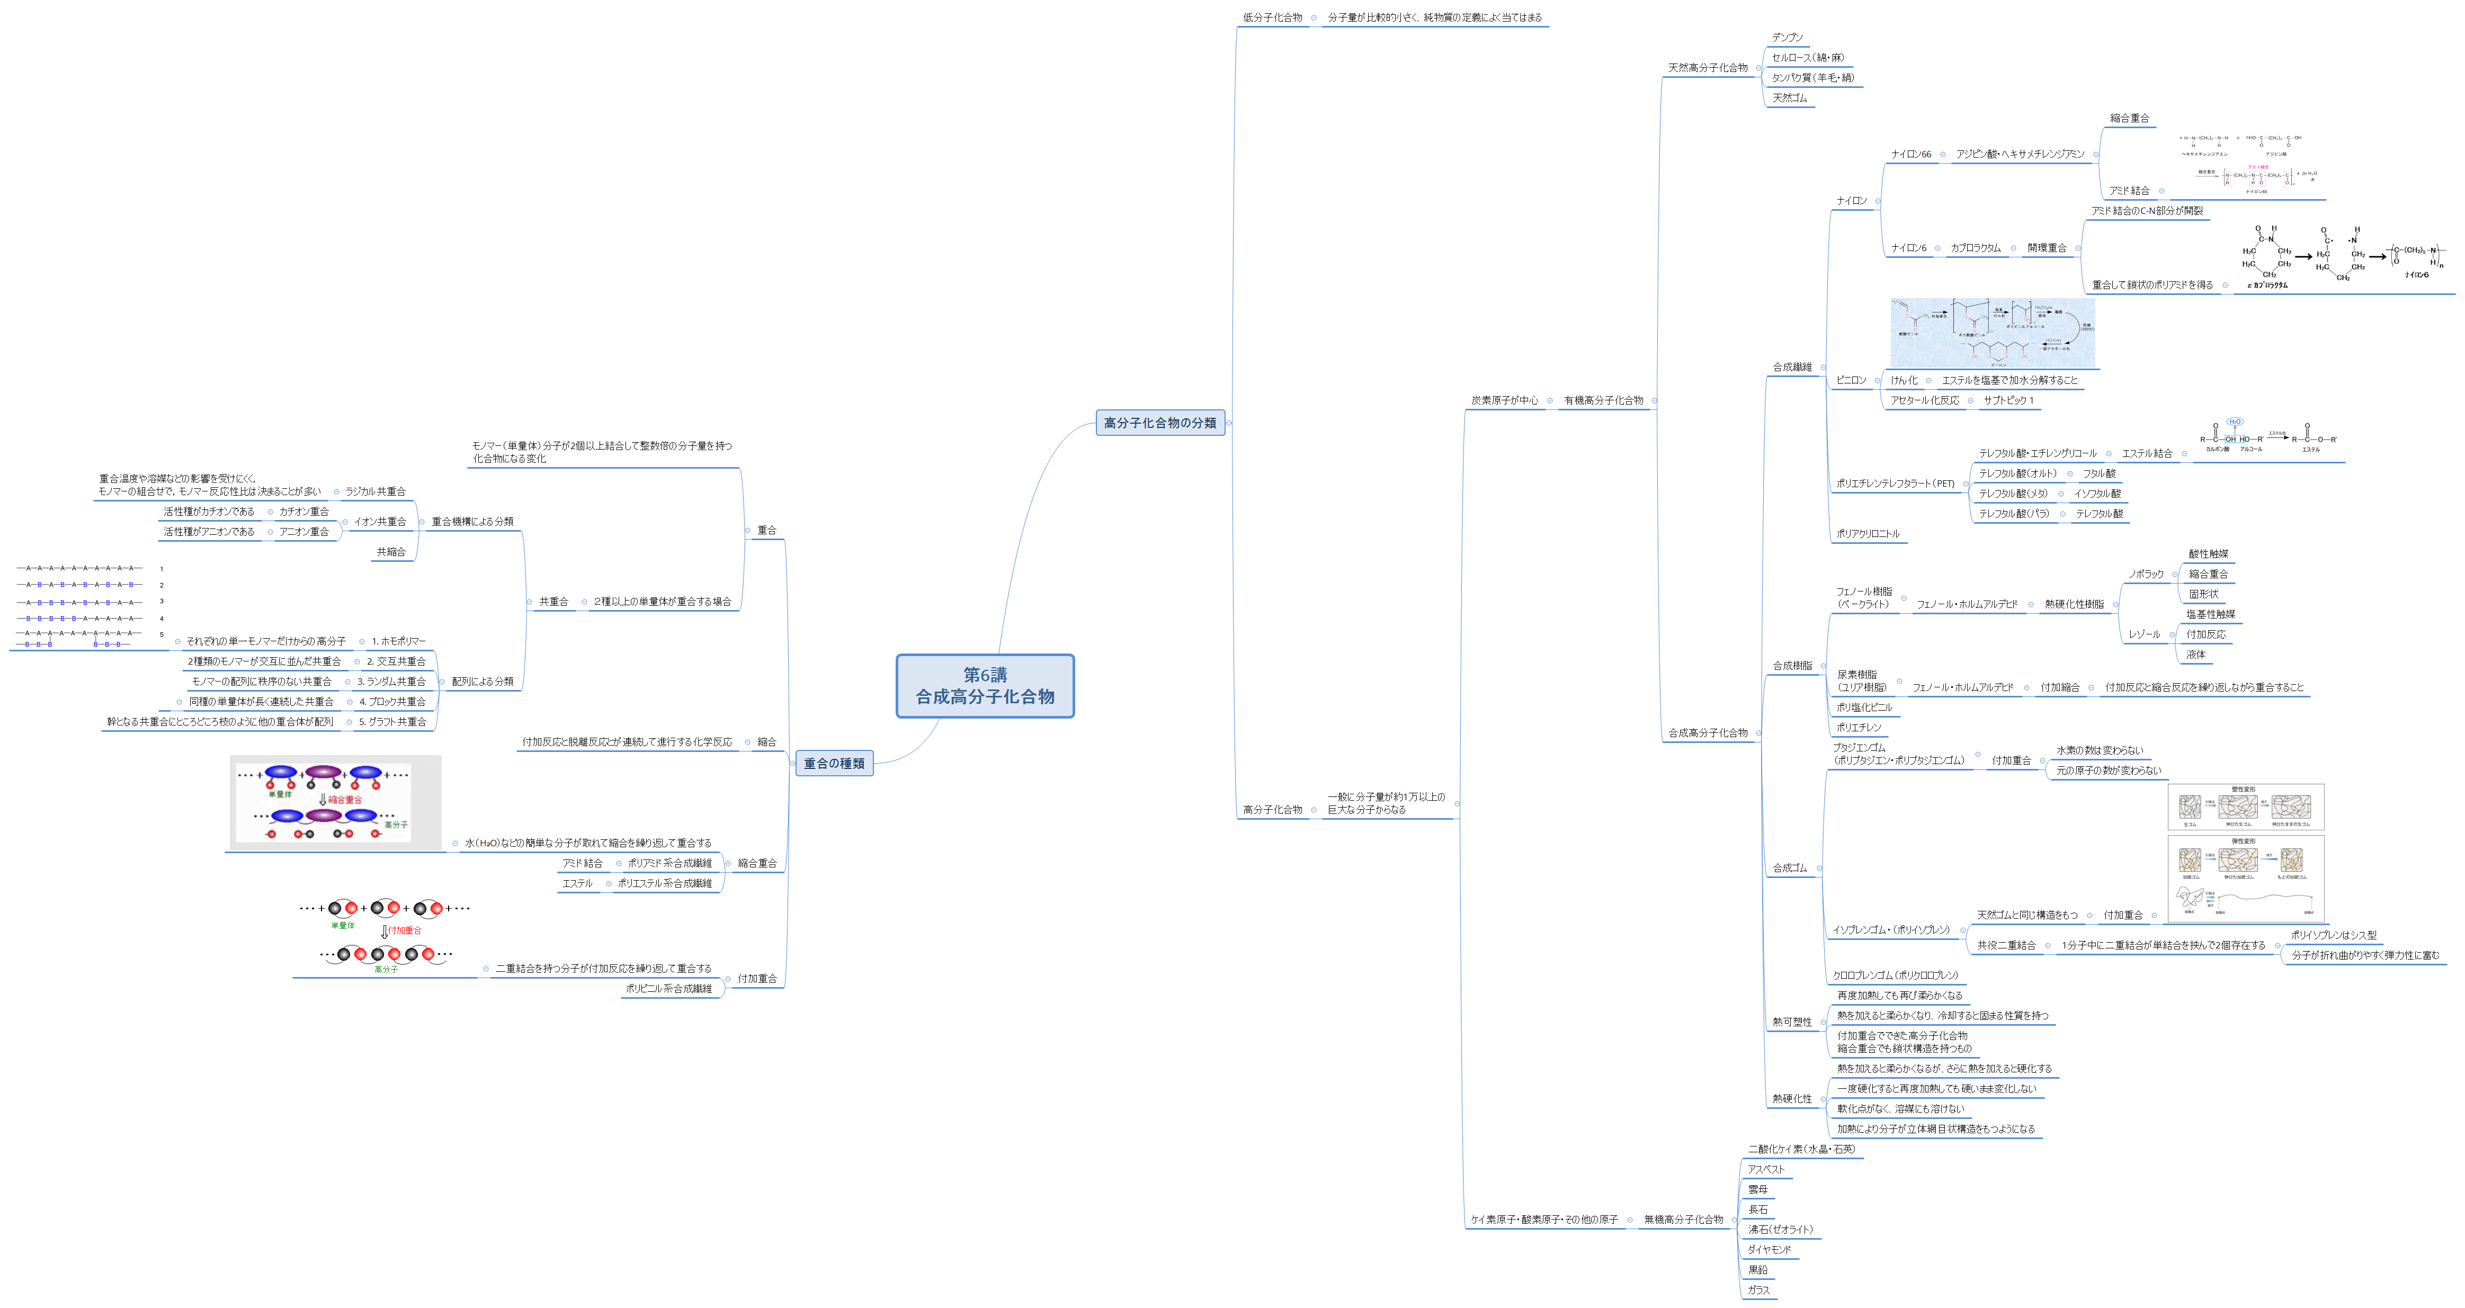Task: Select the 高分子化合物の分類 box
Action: tap(1160, 423)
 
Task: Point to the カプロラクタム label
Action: tap(1975, 248)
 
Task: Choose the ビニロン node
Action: tap(1851, 380)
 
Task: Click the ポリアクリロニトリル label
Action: tap(1867, 534)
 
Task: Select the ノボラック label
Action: tap(2146, 574)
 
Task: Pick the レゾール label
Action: tap(2144, 634)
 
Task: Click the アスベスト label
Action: tap(1765, 1169)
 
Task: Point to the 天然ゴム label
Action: tap(1789, 97)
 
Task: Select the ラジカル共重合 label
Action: tap(375, 492)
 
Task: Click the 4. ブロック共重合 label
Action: tap(392, 701)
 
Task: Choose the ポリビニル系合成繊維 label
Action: tap(669, 989)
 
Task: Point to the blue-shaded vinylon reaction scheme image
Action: tap(1993, 332)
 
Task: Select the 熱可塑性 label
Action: tap(1791, 1022)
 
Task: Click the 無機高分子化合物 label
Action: tap(1683, 1220)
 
